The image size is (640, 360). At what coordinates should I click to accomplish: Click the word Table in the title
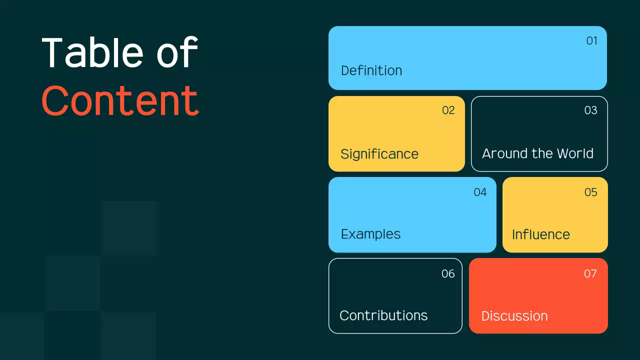92,52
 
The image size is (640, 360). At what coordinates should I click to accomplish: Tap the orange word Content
120,100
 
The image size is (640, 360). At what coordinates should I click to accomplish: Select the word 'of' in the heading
177,51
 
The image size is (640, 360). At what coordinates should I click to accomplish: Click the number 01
591,41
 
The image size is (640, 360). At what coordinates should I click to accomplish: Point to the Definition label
371,70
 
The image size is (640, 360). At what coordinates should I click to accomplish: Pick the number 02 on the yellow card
448,110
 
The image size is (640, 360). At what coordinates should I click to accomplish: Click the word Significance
379,154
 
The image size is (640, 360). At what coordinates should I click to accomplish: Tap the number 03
590,110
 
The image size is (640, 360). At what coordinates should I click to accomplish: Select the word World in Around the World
575,153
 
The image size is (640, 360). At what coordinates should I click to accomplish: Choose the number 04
480,192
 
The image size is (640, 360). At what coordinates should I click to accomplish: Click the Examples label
370,234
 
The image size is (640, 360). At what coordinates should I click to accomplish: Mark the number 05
590,192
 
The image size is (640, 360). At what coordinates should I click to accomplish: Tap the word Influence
541,234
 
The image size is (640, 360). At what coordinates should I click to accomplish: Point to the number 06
448,273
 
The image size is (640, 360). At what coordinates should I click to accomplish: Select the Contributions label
383,315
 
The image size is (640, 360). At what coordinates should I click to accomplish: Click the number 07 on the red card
590,273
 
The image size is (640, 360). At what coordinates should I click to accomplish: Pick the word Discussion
514,316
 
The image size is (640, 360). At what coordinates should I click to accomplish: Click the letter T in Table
52,52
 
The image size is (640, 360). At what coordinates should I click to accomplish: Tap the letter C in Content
55,100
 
